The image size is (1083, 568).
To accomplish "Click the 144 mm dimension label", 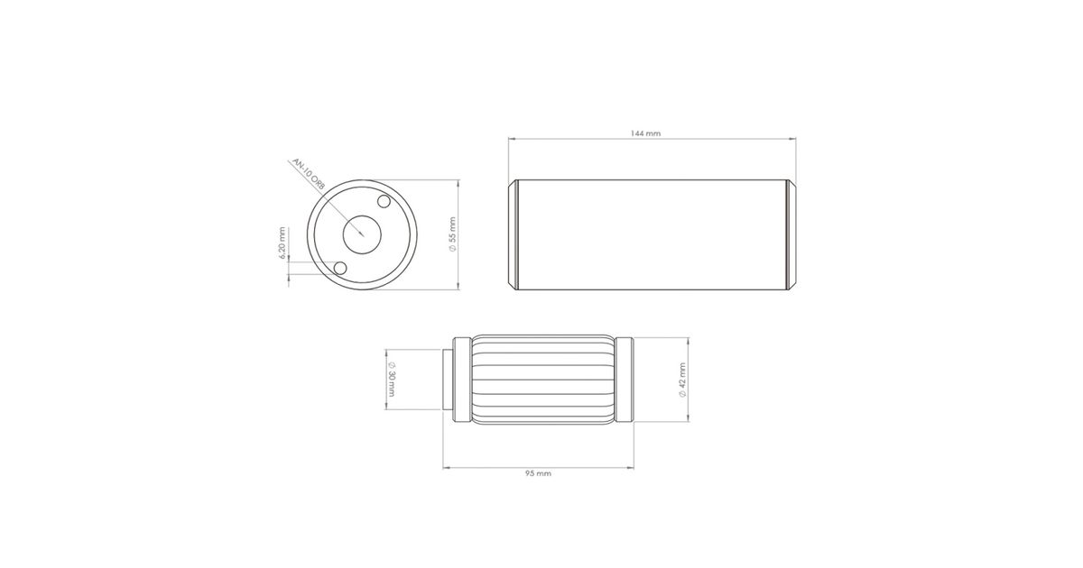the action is pos(645,133).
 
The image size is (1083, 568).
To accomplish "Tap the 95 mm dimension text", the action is pos(538,473).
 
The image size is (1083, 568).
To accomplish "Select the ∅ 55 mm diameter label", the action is pos(452,234).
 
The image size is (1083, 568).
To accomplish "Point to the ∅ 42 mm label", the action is pos(682,380).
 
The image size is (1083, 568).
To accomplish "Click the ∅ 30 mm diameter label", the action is pos(391,380).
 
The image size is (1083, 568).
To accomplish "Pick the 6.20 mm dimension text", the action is pos(282,243).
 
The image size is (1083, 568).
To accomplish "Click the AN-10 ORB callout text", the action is pos(309,174).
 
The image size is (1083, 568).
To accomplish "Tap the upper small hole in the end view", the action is pos(384,201).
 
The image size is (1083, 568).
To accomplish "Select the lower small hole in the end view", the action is pos(340,268).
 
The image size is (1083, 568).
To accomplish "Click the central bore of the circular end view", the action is pos(362,234).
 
